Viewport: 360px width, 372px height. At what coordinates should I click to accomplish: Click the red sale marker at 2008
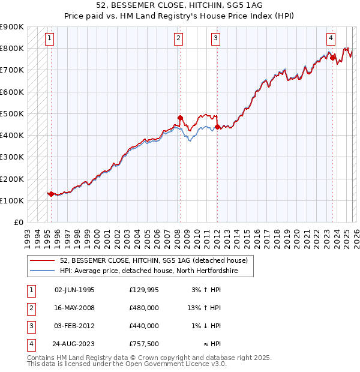[180, 118]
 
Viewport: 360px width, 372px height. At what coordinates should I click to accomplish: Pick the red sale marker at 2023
[332, 57]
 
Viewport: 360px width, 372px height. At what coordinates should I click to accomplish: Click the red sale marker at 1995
[51, 194]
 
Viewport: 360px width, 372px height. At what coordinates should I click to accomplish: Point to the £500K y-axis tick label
[12, 113]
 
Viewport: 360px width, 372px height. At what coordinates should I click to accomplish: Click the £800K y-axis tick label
[12, 48]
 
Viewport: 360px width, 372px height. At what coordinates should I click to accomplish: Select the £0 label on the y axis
[18, 222]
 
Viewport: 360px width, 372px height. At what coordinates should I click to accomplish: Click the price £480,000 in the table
[144, 308]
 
